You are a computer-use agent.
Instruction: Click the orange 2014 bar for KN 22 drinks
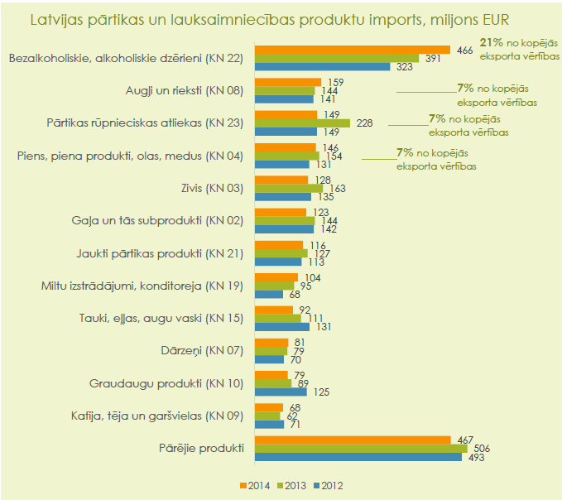353,50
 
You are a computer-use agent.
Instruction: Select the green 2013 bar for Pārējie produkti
361,449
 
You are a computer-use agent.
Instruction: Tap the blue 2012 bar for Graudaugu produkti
281,392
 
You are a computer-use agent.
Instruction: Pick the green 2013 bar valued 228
302,123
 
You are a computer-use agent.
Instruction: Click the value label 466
464,50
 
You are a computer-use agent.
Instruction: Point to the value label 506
482,449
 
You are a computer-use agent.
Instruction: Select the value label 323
404,67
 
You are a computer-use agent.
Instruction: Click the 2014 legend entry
255,486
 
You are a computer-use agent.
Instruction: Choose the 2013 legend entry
291,486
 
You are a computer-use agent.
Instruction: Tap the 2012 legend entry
329,486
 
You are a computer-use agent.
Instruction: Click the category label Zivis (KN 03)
212,188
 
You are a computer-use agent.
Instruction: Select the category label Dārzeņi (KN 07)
202,350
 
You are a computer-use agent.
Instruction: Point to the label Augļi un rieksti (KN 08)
185,91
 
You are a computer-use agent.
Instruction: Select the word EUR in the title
496,20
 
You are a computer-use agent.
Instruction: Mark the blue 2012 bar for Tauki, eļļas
282,327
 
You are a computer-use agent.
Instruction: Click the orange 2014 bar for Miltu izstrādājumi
276,277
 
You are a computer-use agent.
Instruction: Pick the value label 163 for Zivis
337,189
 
